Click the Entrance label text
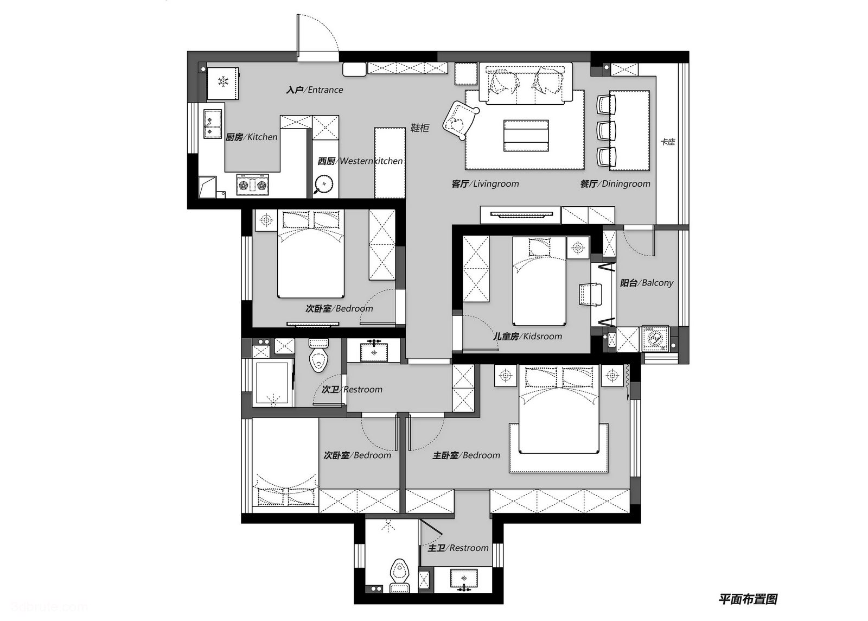(x=315, y=90)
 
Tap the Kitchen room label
(x=252, y=137)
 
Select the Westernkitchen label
(x=360, y=161)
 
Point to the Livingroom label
(x=485, y=183)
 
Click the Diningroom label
(x=615, y=183)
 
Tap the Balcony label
(x=647, y=283)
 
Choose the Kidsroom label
(x=527, y=337)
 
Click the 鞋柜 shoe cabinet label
(x=420, y=128)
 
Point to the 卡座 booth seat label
(x=668, y=142)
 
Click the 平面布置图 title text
(x=748, y=599)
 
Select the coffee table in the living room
(x=526, y=136)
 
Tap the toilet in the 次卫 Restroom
(x=318, y=355)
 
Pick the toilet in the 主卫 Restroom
(x=399, y=575)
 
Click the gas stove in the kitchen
(x=252, y=185)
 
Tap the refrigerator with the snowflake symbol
(x=222, y=84)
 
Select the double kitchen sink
(x=213, y=124)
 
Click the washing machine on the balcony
(x=655, y=338)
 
